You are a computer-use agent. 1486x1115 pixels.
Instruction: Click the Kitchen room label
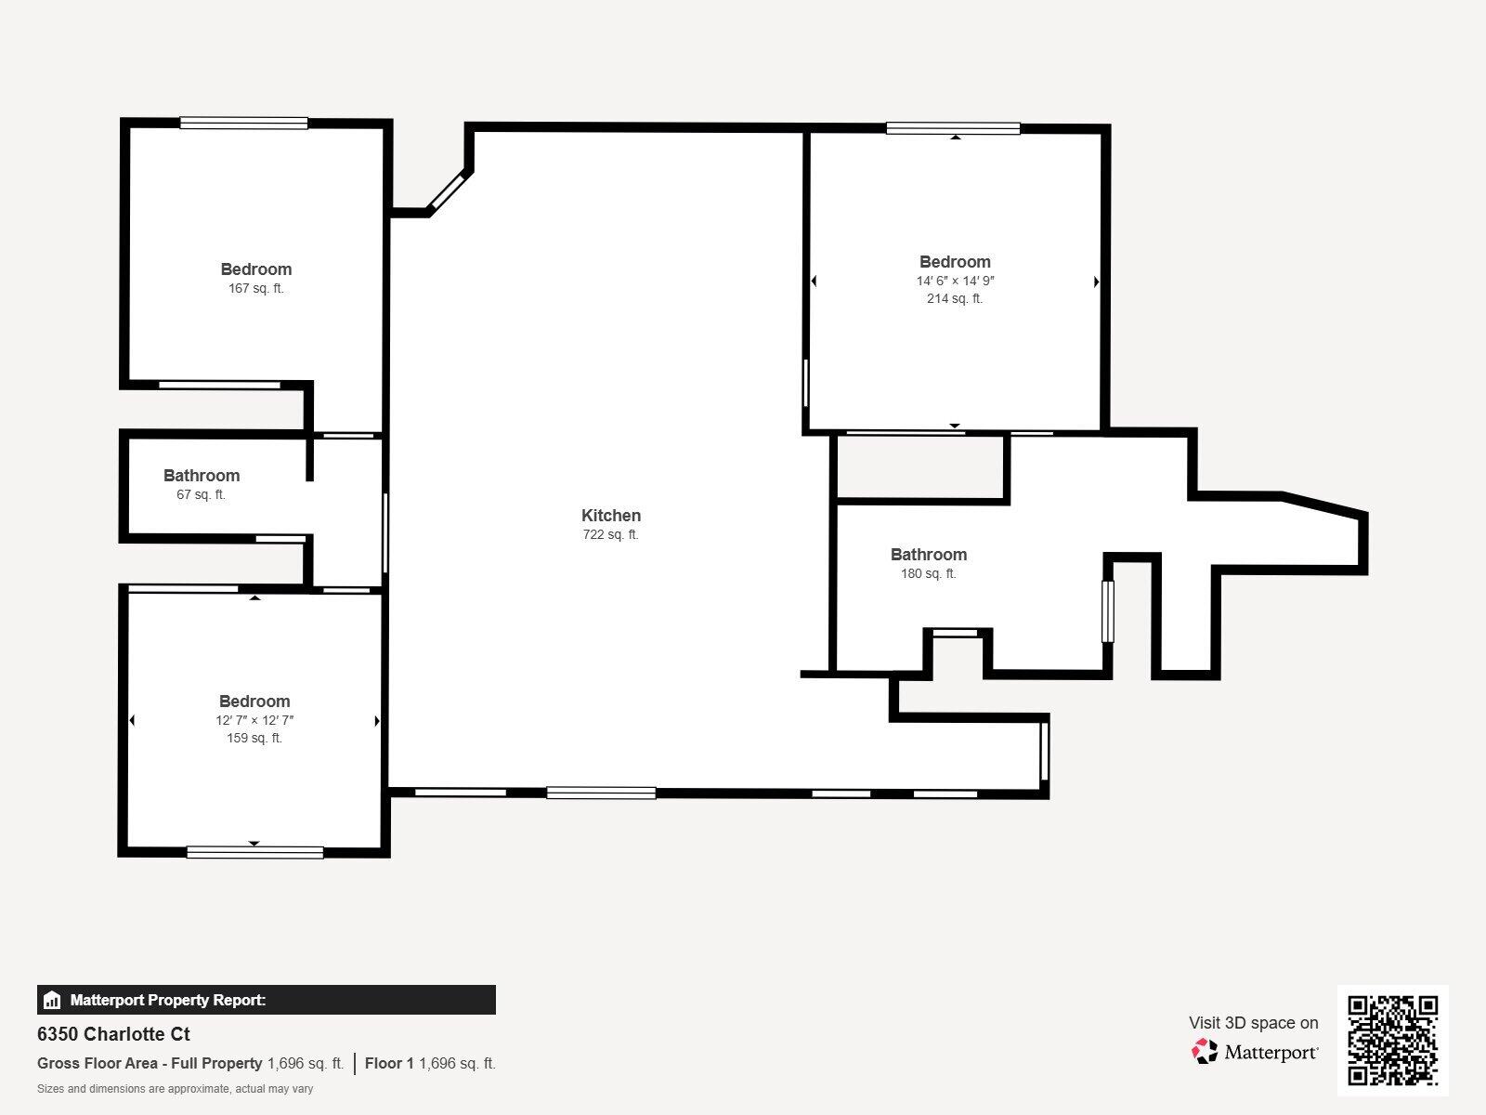point(611,516)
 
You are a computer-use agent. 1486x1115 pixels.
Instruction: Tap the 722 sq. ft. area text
point(611,535)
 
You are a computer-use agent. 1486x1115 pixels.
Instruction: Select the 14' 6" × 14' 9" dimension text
point(955,281)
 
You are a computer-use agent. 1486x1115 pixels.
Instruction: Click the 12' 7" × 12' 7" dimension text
point(254,720)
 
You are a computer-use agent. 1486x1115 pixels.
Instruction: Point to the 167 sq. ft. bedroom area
point(256,289)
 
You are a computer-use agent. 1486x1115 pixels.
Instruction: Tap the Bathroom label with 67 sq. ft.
point(202,476)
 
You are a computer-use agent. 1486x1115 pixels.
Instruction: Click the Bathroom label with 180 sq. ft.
point(929,555)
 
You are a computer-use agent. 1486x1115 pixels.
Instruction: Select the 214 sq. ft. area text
point(955,299)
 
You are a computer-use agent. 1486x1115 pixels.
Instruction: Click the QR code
point(1392,1041)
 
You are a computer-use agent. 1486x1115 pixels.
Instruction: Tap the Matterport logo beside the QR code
point(1255,1052)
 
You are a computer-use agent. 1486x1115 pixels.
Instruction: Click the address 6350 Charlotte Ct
point(113,1034)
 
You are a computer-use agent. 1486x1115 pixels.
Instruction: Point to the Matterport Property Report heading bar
point(267,1000)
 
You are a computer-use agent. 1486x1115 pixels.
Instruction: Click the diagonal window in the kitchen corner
point(448,190)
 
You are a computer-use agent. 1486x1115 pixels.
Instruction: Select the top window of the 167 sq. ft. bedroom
point(244,123)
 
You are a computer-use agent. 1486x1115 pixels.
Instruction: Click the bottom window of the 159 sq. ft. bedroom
point(254,852)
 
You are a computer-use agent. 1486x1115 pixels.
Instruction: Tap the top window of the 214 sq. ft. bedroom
point(953,129)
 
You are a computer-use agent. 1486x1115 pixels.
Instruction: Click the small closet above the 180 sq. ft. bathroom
point(920,467)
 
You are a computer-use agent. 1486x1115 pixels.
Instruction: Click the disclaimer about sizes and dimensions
point(175,1089)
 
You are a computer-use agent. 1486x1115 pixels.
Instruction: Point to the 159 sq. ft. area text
point(254,739)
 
